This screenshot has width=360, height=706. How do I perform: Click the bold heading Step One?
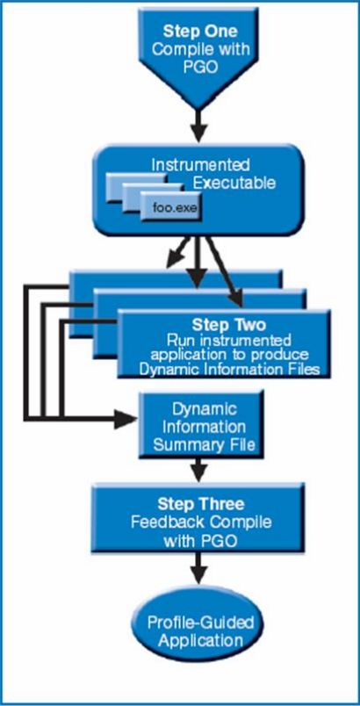[200, 31]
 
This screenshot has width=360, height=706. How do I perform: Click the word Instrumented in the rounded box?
[200, 165]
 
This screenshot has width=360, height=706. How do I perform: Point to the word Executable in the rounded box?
[234, 184]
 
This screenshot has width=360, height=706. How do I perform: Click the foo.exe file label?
[171, 208]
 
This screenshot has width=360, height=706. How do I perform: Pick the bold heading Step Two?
[229, 325]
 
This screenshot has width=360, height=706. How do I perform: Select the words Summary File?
[205, 445]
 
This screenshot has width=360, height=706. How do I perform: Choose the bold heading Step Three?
[201, 503]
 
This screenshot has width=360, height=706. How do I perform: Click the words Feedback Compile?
[201, 522]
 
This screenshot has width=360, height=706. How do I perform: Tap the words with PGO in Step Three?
[200, 541]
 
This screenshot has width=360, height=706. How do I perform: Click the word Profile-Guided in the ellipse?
[201, 624]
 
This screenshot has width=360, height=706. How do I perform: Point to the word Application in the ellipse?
[201, 641]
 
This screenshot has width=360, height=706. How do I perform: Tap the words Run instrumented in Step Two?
[229, 339]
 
